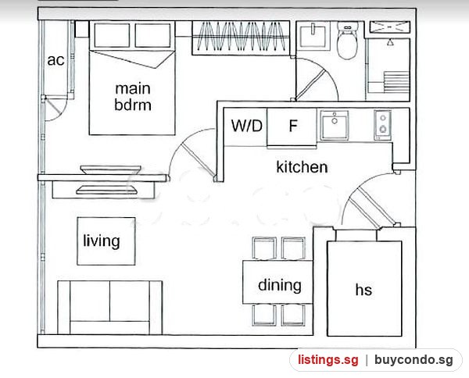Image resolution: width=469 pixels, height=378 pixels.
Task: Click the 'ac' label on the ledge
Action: click(55, 60)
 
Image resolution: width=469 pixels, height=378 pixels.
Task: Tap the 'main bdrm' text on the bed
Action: click(133, 97)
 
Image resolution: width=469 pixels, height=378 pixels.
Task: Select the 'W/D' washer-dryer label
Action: click(246, 126)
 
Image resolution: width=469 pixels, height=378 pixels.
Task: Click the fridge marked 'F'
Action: click(292, 128)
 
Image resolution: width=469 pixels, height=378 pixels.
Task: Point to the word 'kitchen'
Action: click(302, 166)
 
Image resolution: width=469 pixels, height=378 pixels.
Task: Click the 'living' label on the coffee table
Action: click(102, 241)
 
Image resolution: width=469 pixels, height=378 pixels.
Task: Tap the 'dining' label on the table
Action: click(279, 285)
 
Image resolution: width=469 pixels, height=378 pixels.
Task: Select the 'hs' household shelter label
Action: click(363, 290)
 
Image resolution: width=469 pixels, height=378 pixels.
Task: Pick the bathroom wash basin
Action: click(313, 36)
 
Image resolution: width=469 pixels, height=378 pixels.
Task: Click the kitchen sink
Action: click(335, 125)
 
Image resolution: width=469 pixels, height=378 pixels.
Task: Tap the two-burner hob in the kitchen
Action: click(382, 125)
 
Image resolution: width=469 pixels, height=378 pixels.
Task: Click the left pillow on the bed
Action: click(112, 35)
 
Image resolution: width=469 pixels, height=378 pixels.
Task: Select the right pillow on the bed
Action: click(153, 35)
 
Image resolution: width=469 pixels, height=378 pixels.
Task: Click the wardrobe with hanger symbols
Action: click(241, 37)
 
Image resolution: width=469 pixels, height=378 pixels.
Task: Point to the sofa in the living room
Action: click(109, 308)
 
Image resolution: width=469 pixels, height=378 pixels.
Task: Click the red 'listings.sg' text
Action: click(328, 360)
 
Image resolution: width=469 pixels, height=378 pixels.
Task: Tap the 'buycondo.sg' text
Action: click(414, 360)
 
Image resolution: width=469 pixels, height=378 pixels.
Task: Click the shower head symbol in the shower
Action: click(390, 42)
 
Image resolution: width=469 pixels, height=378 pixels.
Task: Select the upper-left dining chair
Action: click(264, 248)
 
